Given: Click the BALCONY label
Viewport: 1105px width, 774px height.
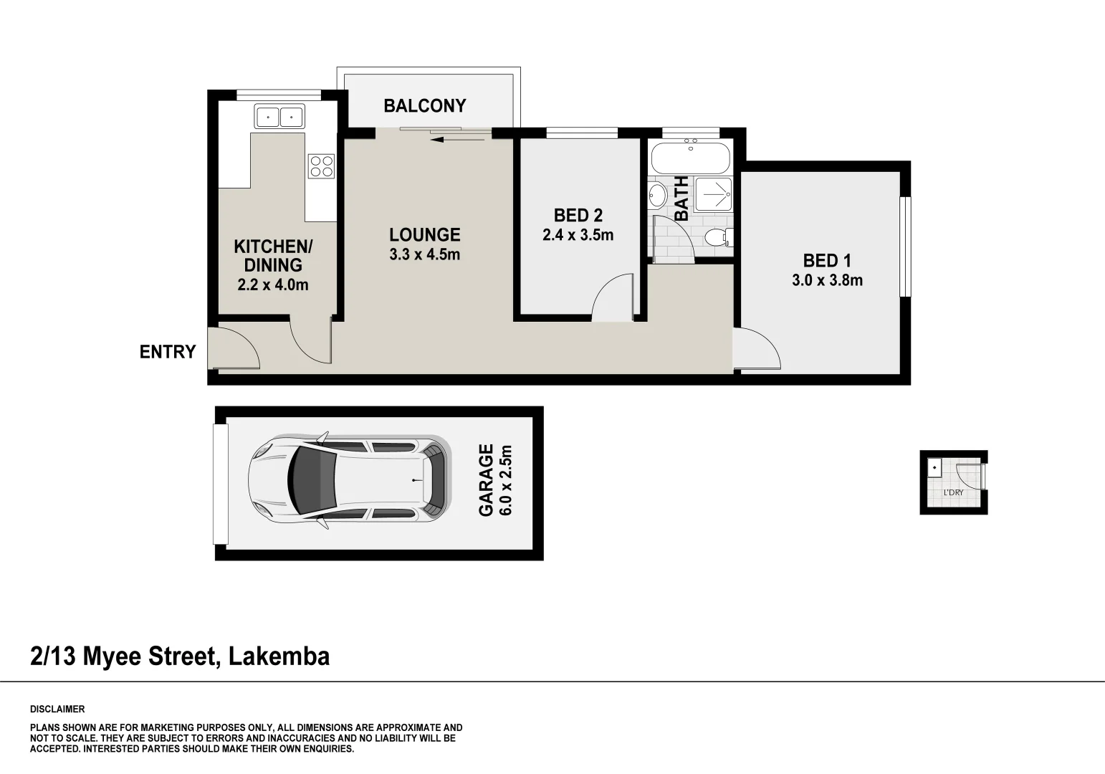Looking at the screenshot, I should tap(424, 106).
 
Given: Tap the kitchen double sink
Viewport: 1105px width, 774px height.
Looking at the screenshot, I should tap(279, 115).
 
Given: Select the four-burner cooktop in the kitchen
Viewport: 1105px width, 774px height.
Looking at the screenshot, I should tap(321, 166).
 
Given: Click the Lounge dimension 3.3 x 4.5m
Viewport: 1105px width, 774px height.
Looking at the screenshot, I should tap(424, 254).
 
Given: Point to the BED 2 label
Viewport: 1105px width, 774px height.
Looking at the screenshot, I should tap(578, 215).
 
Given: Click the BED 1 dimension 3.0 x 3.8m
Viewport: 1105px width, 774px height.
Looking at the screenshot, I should tap(827, 280).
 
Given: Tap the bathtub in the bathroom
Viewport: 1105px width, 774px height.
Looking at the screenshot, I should tap(690, 156).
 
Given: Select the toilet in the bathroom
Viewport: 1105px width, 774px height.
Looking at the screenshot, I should tap(717, 237).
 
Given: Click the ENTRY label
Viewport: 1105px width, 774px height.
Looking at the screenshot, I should tap(168, 352).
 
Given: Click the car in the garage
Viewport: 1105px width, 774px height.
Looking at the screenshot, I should tap(350, 478).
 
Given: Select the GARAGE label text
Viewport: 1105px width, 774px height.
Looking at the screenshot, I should tap(486, 479).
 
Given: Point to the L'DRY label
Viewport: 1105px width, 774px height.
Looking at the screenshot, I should tap(953, 493).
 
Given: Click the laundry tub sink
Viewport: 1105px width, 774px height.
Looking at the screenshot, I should tap(935, 467).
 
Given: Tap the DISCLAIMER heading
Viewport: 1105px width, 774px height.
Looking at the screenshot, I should tap(57, 709).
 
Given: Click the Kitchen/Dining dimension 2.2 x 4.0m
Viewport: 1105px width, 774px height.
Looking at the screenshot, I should tap(273, 285).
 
